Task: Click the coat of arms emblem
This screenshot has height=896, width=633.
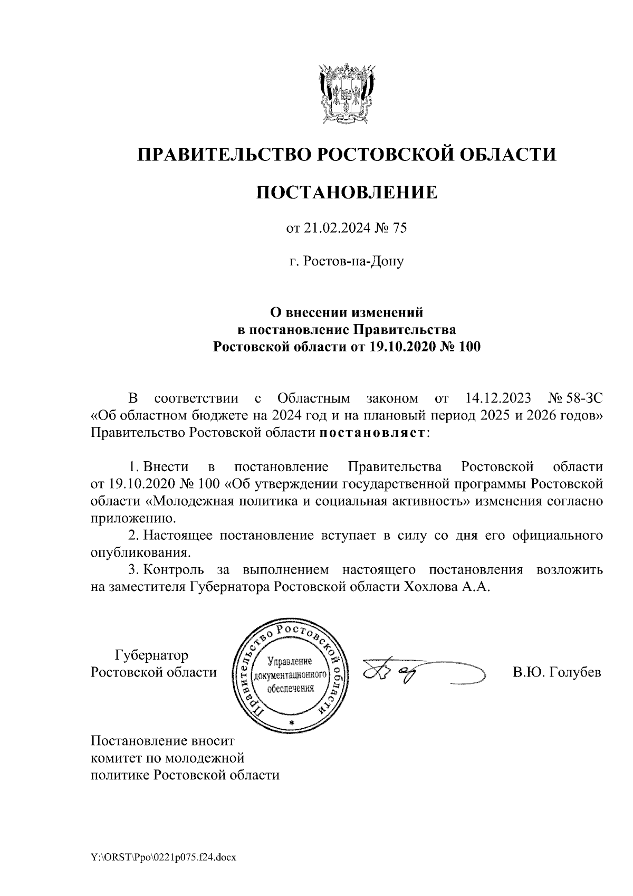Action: click(x=347, y=92)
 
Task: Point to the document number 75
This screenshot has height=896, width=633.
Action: click(x=400, y=228)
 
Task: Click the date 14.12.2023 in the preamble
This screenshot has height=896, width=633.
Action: click(x=500, y=397)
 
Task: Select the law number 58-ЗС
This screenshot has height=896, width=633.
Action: click(x=585, y=397)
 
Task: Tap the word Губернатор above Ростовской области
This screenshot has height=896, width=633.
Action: click(x=151, y=655)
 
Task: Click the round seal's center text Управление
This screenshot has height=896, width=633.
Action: click(x=291, y=661)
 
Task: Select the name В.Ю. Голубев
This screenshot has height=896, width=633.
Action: click(x=557, y=672)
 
